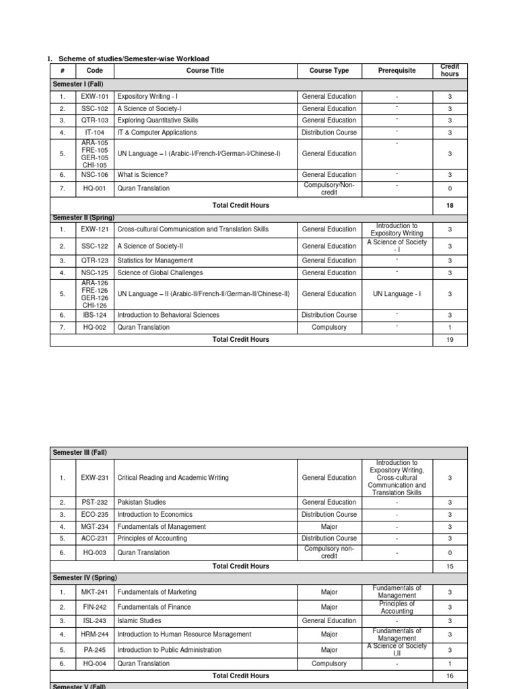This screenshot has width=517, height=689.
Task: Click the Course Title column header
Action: [x=205, y=71]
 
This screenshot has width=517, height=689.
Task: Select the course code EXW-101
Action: [x=95, y=96]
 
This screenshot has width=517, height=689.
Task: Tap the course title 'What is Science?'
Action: [x=143, y=175]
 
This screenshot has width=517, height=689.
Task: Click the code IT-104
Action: [x=95, y=133]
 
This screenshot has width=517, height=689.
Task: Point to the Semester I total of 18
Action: [x=450, y=204]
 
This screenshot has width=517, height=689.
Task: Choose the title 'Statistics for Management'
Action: [x=155, y=260]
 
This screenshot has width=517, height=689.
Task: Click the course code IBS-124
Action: [x=95, y=315]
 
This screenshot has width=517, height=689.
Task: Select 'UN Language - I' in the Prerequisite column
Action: [x=397, y=294]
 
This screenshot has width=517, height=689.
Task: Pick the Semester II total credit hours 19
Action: [x=450, y=340]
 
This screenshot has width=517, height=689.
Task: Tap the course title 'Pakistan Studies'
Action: [x=141, y=502]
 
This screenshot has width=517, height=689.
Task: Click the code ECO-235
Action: [x=95, y=515]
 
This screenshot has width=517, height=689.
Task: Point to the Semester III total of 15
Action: [x=450, y=567]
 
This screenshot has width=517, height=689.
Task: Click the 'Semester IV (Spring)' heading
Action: [x=84, y=578]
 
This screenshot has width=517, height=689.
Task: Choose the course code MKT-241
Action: [x=95, y=592]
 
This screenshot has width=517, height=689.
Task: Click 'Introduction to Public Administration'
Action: [x=169, y=650]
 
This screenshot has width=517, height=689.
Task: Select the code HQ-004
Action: [x=95, y=663]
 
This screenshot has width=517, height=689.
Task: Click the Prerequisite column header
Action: [x=397, y=71]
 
